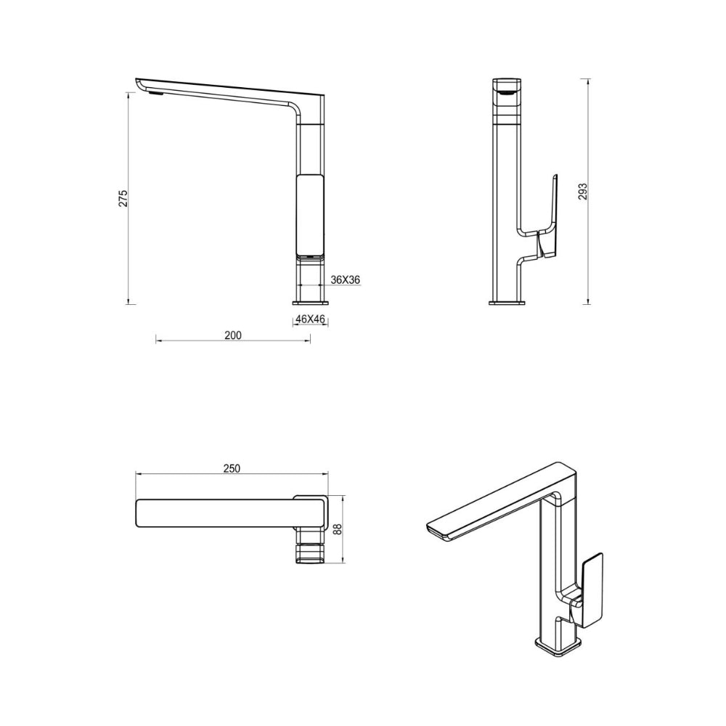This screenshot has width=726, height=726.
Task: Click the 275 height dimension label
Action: tap(123, 198)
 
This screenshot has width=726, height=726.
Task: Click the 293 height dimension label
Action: tap(583, 192)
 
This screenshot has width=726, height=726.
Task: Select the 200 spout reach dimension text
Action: tap(233, 335)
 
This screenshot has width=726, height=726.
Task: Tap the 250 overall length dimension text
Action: tap(232, 468)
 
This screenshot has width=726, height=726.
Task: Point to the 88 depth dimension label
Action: tap(338, 529)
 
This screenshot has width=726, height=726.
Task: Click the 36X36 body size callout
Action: tap(346, 280)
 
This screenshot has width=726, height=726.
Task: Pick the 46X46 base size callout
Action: tap(310, 319)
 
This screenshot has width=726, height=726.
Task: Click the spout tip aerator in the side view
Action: tap(155, 94)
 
